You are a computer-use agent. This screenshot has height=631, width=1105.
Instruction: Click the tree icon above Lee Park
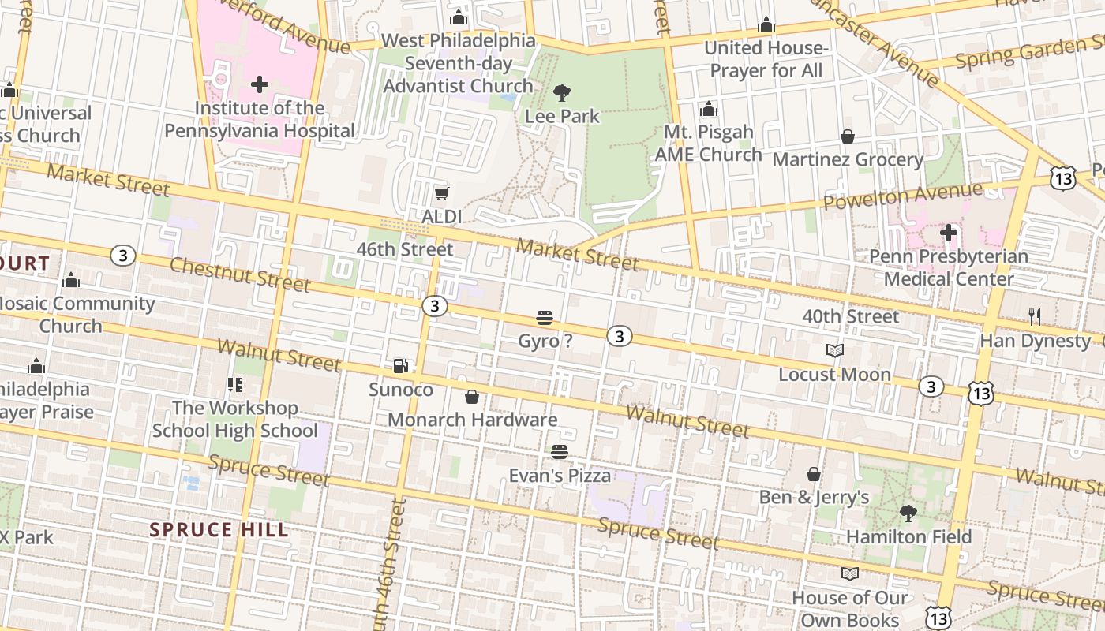(x=562, y=93)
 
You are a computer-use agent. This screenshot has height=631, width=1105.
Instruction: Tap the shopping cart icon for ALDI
(x=442, y=193)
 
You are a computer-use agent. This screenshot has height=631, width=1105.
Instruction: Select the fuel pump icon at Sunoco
(x=401, y=366)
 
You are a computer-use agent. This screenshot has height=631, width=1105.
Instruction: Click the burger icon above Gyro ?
(x=545, y=318)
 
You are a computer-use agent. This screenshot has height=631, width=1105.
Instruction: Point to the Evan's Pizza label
(x=560, y=476)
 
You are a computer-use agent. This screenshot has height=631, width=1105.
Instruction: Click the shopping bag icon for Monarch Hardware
(x=472, y=396)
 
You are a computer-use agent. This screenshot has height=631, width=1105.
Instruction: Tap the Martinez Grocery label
(x=848, y=159)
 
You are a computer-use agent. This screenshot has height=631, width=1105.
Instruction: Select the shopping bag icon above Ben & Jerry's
(x=814, y=474)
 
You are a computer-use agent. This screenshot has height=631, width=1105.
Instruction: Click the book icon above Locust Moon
(x=834, y=350)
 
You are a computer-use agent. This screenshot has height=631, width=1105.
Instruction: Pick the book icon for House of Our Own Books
(x=850, y=573)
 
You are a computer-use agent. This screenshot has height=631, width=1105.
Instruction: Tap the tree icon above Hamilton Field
(x=908, y=513)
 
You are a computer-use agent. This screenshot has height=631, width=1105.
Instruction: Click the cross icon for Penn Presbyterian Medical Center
(x=949, y=233)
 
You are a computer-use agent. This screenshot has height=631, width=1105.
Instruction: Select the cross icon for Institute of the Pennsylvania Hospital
(x=259, y=84)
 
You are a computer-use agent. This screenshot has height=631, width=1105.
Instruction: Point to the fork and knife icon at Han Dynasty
(x=1034, y=317)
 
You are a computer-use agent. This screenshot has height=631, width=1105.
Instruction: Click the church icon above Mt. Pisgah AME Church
(x=709, y=109)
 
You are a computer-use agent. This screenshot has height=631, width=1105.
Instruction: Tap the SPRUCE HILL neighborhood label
(x=219, y=529)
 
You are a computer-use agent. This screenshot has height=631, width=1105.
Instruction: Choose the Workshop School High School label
(x=235, y=419)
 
